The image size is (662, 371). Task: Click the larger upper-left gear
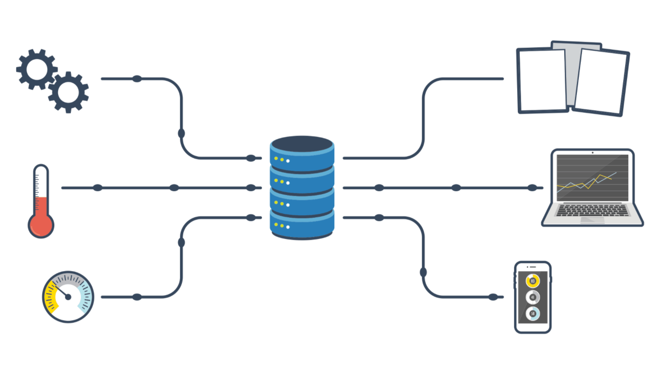pos(37,69)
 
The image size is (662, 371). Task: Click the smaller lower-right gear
pos(69,92)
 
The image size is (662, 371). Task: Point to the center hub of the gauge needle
pos(68,297)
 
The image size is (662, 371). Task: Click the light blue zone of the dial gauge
pos(85,300)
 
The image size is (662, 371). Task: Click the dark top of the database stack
pos(302,144)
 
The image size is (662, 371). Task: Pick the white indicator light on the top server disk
pos(287,160)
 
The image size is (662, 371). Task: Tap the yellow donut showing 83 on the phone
pos(532,281)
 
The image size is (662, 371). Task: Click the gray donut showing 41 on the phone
pos(532,297)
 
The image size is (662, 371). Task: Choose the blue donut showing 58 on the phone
pos(532,313)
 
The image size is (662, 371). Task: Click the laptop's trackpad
pos(592,220)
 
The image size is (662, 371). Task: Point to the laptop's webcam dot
pos(592,153)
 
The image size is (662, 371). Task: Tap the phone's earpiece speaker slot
pos(532,267)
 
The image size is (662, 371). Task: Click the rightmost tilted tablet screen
pos(601,82)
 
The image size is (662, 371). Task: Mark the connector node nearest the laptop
pos(532,188)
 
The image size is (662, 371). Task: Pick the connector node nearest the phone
pos(493,297)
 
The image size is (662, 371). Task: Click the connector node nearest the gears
pos(137,79)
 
